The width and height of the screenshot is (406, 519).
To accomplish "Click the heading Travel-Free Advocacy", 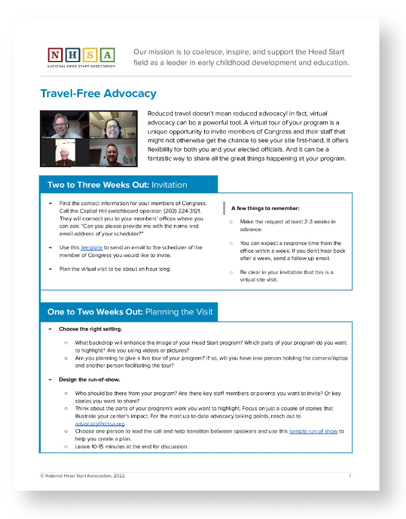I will (x=98, y=94).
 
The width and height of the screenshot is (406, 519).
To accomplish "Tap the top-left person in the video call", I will (x=64, y=124).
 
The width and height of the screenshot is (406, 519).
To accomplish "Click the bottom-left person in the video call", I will (x=64, y=153).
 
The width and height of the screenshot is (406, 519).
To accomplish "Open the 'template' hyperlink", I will (x=92, y=247).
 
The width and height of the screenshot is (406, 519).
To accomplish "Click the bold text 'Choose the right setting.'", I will (x=91, y=330).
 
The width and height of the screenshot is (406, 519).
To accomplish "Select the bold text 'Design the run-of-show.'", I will (x=89, y=380).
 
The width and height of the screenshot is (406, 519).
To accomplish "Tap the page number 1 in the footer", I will (x=349, y=476).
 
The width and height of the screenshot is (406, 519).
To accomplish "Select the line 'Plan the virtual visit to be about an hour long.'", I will (x=115, y=269).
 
